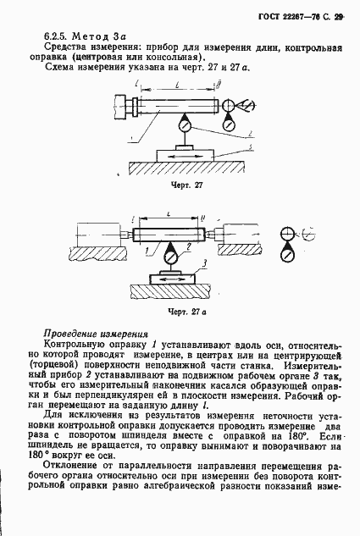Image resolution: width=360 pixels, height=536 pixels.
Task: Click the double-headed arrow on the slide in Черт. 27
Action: [x=183, y=157]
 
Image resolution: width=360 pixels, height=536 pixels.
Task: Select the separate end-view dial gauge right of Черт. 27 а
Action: [x=288, y=251]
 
